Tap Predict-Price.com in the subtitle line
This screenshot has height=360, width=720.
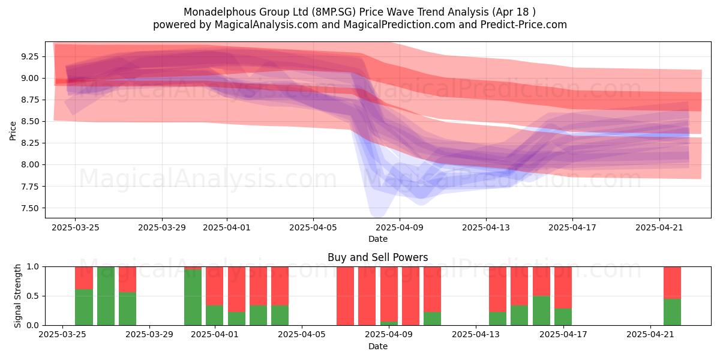coord(524,25)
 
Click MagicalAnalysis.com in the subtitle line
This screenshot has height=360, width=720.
coord(266,25)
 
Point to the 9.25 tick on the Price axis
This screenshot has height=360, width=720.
coord(29,57)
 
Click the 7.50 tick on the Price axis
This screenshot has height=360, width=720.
coord(29,208)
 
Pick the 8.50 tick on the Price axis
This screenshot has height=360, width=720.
coord(29,122)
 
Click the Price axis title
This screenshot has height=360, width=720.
coord(13,131)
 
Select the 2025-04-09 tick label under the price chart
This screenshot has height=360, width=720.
coord(400,228)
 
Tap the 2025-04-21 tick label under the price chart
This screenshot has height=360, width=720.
coord(659,228)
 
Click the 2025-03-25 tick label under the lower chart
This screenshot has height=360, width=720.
coord(62,335)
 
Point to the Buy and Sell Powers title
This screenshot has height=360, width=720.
coord(377,257)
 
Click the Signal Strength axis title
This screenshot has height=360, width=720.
coord(17,296)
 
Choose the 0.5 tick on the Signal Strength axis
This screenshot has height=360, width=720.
coord(33,296)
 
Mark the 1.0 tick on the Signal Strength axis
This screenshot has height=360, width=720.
coord(33,267)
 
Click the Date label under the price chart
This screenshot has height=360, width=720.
coord(377,239)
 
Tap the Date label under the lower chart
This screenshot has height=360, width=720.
coord(377,347)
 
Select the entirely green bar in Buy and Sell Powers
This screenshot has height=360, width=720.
coord(106,296)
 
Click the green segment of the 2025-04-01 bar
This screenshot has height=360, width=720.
coord(214,316)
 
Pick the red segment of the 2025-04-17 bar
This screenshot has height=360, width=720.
coord(563,287)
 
